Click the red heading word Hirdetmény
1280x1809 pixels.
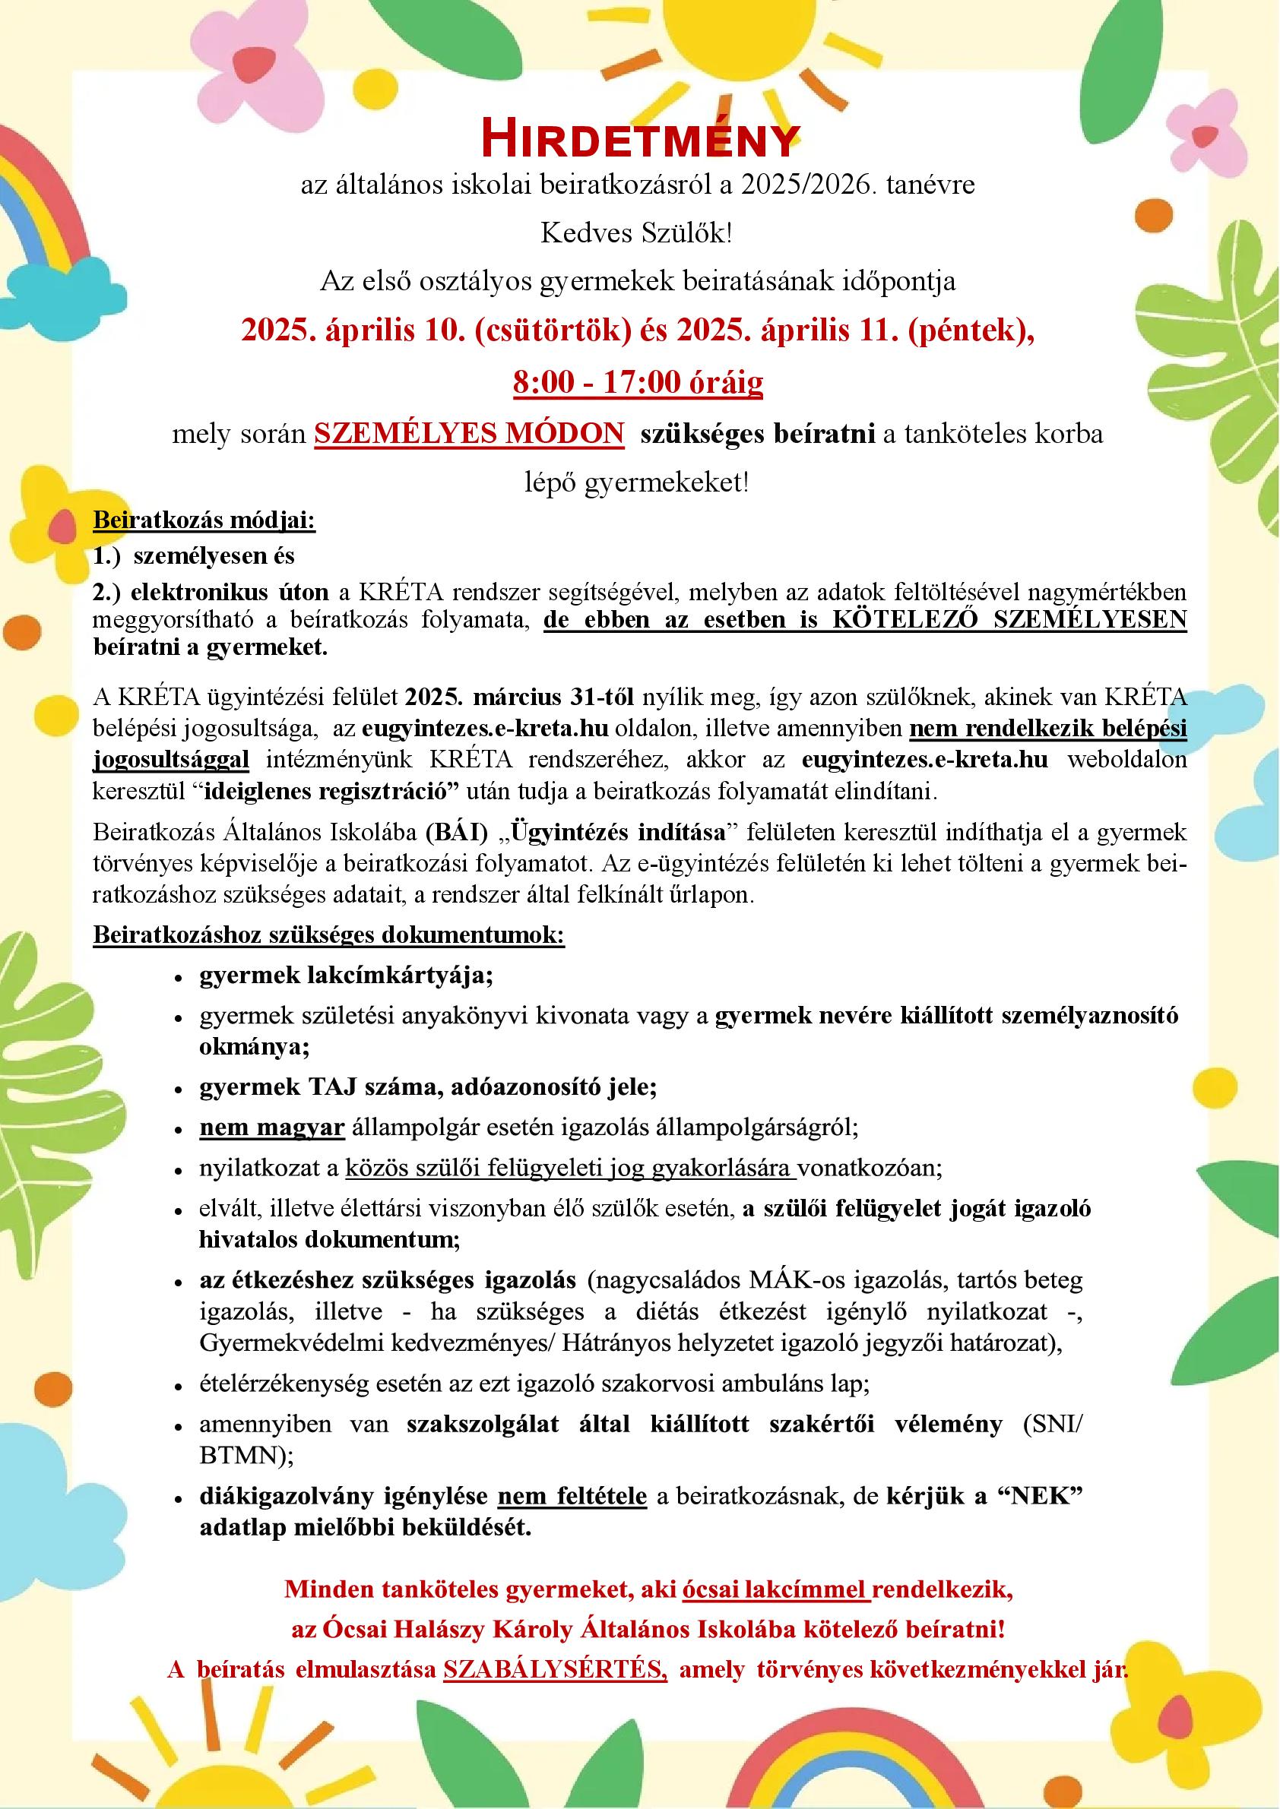pos(639,140)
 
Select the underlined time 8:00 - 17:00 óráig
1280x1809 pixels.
pos(638,382)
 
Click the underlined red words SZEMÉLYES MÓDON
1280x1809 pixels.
pos(469,434)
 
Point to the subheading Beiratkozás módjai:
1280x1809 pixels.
pos(204,520)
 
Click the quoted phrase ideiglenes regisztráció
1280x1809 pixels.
pos(332,791)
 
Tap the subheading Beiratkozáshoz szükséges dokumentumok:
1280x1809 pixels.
pos(328,935)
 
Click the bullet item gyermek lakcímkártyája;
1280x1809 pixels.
pos(346,976)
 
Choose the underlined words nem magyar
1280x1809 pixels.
pos(272,1127)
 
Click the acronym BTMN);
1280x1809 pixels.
pos(246,1455)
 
